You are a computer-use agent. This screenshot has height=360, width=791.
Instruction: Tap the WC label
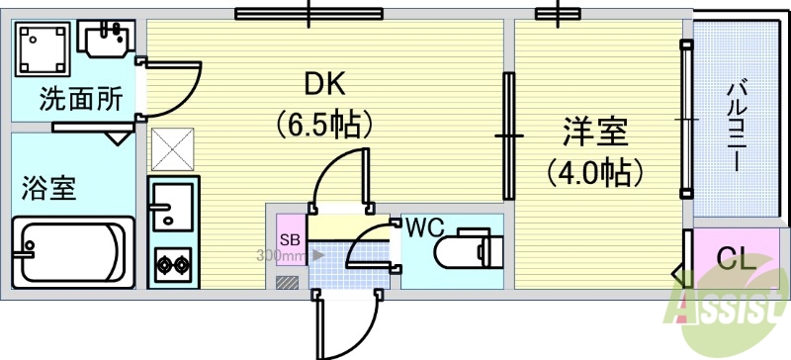422,226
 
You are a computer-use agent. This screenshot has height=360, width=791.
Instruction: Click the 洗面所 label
67,100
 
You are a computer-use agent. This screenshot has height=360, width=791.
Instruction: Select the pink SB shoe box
290,238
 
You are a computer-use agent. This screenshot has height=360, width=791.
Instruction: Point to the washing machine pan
42,47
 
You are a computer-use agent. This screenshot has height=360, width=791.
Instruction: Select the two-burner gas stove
173,264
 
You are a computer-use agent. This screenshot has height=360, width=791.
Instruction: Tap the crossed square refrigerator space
173,148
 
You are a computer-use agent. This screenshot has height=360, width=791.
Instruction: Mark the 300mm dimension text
279,255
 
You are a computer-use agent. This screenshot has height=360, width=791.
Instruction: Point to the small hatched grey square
287,283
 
